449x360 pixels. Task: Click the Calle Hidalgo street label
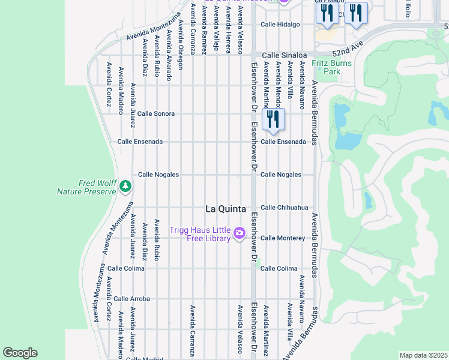click(279, 25)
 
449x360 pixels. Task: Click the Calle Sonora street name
click(156, 113)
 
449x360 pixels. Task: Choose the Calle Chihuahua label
click(284, 208)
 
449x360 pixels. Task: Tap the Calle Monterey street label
click(282, 238)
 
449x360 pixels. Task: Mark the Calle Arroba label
click(131, 298)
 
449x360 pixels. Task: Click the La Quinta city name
click(226, 209)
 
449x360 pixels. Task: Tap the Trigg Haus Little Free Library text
click(200, 234)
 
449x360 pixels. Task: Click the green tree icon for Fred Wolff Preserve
click(125, 186)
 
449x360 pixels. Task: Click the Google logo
click(20, 353)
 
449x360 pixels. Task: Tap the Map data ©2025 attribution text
click(423, 355)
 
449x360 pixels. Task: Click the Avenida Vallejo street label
click(216, 30)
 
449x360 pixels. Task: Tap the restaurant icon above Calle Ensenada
click(273, 118)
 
